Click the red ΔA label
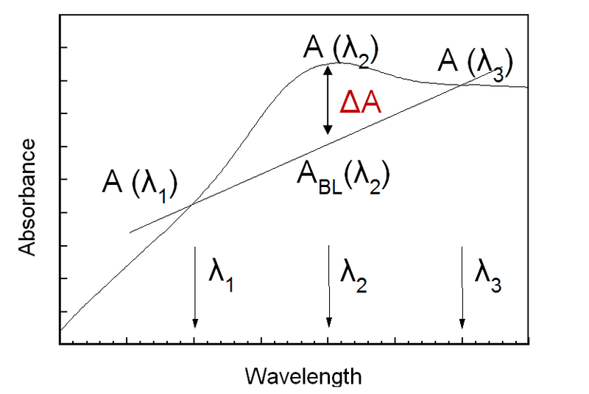point(359,102)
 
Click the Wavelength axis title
point(303,376)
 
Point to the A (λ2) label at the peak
point(340,49)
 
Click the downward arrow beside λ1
point(194,287)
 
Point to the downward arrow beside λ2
point(328,287)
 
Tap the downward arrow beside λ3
point(462,287)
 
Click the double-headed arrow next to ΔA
point(328,99)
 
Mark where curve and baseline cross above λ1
point(193,203)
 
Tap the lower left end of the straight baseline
point(130,233)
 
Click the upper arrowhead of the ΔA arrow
point(328,68)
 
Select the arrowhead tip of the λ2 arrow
point(328,326)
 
